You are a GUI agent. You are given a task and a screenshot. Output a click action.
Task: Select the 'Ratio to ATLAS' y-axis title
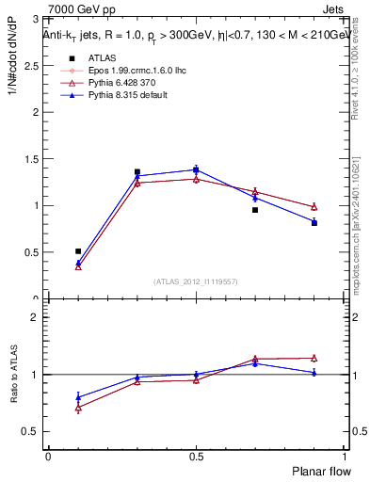(x=14, y=375)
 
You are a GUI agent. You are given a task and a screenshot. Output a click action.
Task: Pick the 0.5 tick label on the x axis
(x=196, y=457)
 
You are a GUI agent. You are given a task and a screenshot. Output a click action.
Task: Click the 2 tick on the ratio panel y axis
(x=36, y=318)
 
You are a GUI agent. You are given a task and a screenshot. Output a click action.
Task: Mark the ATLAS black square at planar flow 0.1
(x=78, y=251)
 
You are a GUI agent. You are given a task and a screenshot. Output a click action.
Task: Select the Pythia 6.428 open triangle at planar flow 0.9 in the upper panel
(x=314, y=206)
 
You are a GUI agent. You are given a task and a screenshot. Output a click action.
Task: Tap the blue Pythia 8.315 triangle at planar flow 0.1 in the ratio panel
(x=78, y=397)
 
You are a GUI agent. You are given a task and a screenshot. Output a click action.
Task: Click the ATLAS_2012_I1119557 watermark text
(x=196, y=281)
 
